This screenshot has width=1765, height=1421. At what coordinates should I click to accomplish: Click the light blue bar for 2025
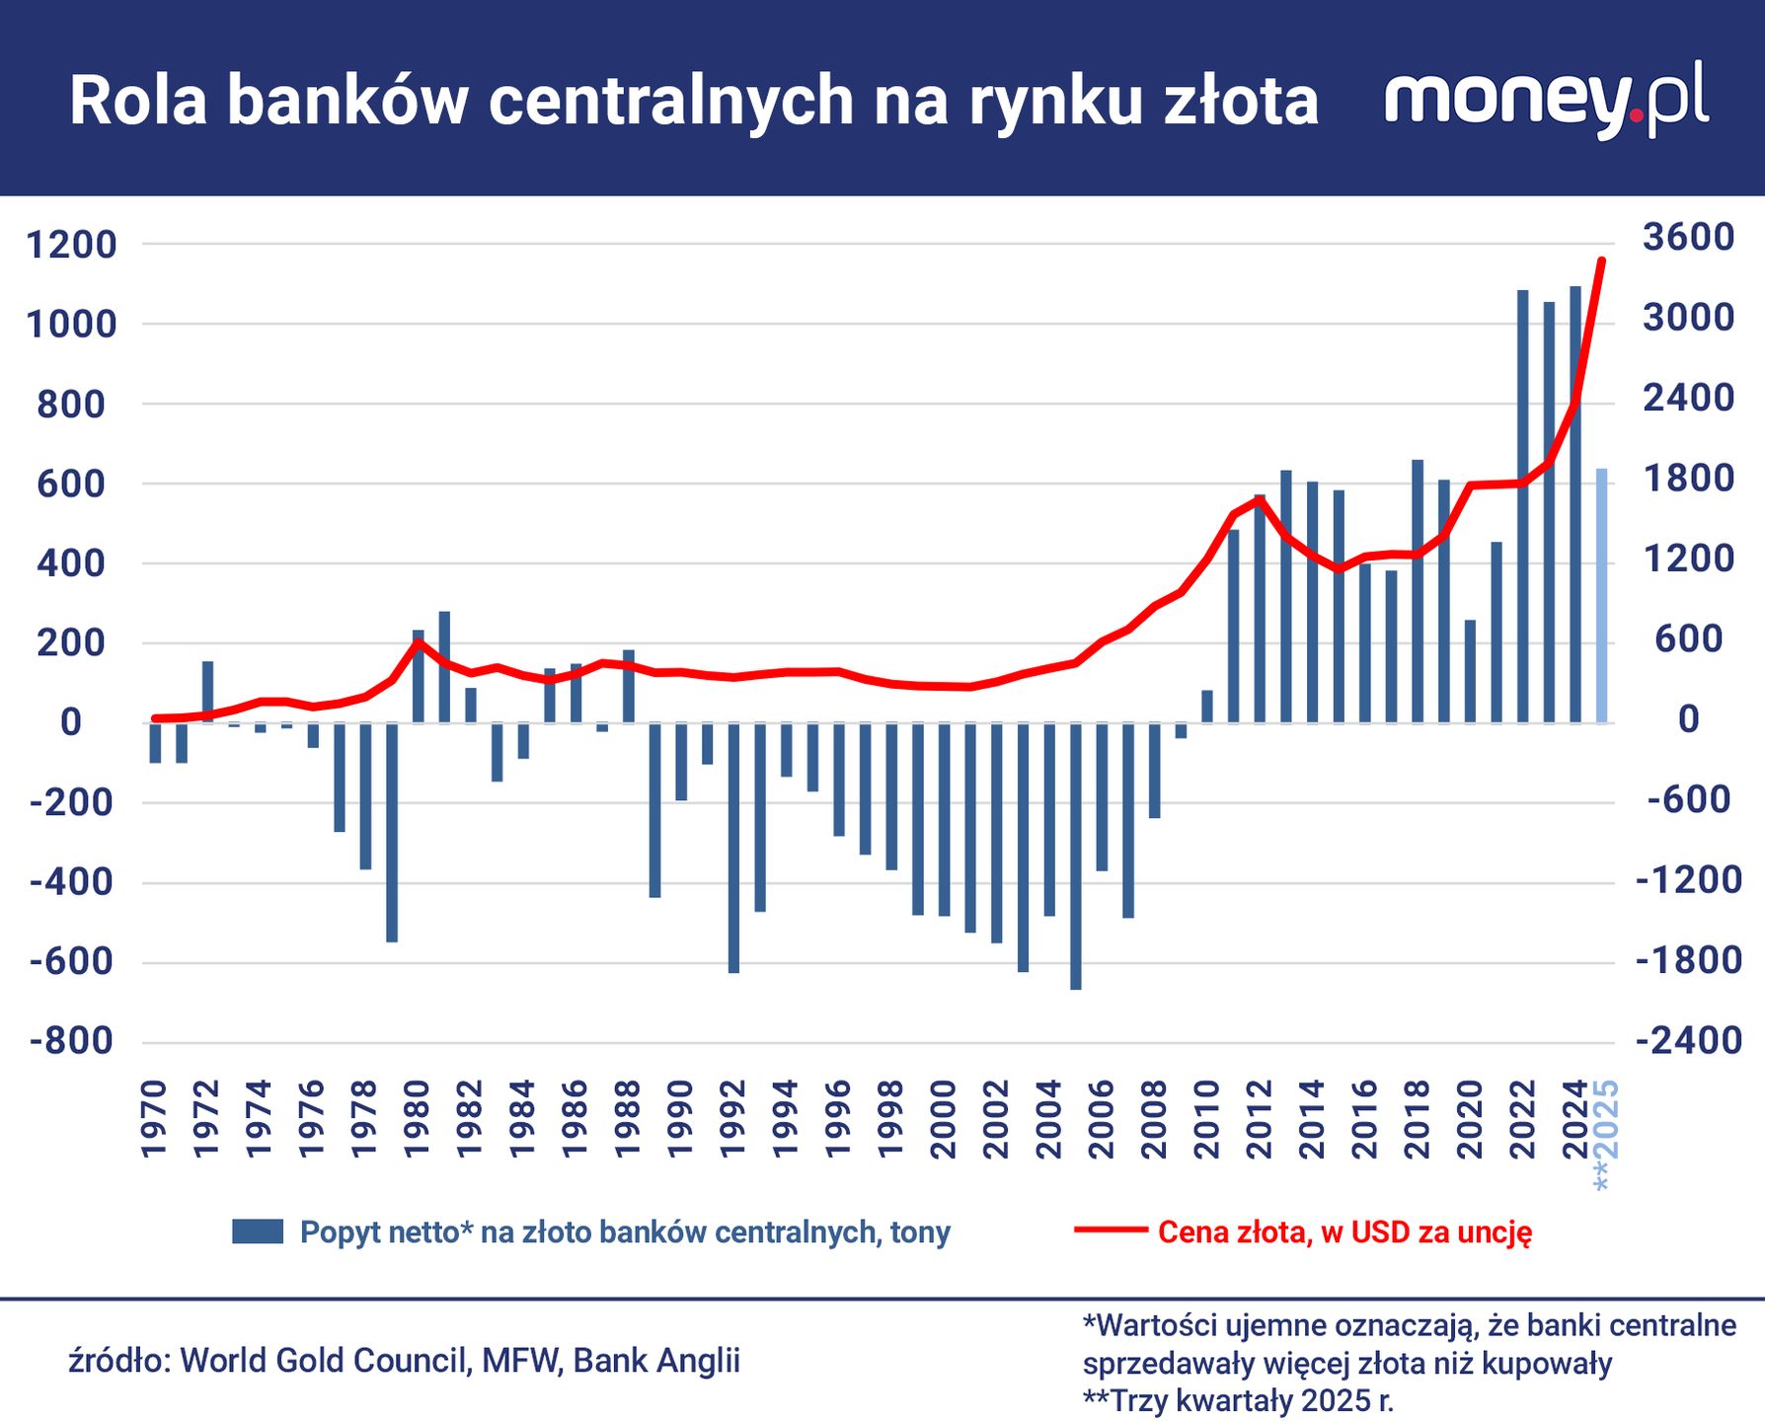pyautogui.click(x=1601, y=596)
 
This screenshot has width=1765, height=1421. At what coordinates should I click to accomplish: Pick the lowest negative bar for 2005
pyautogui.click(x=1076, y=856)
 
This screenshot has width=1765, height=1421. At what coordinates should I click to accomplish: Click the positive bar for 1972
pyautogui.click(x=207, y=692)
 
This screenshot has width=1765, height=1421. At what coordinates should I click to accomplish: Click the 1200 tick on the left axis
pyautogui.click(x=71, y=245)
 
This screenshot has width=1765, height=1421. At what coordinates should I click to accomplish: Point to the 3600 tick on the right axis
pyautogui.click(x=1688, y=237)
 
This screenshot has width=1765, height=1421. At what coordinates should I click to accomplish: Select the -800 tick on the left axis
pyautogui.click(x=71, y=1041)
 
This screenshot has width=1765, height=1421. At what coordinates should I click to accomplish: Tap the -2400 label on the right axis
pyautogui.click(x=1688, y=1041)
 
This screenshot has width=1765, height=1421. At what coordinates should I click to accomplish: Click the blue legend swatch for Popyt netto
pyautogui.click(x=258, y=1232)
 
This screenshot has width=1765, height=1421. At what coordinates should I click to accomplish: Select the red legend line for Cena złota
pyautogui.click(x=1111, y=1231)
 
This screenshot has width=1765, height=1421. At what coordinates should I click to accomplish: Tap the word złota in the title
pyautogui.click(x=1240, y=101)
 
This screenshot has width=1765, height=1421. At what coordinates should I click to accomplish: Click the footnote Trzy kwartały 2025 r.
pyautogui.click(x=1238, y=1400)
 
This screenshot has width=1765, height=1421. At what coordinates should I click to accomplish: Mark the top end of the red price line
pyautogui.click(x=1602, y=261)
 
